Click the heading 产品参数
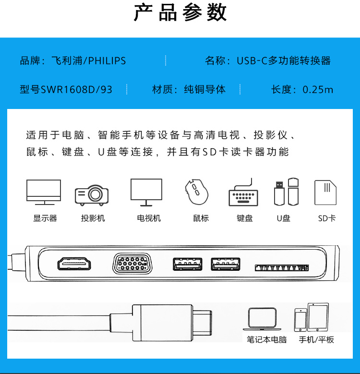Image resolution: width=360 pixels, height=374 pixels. (x=180, y=12)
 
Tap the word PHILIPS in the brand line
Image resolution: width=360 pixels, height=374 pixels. (x=107, y=61)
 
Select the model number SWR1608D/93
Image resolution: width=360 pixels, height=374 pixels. (x=76, y=90)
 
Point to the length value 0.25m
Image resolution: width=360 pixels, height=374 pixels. (x=318, y=90)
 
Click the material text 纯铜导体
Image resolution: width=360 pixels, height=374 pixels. (x=205, y=89)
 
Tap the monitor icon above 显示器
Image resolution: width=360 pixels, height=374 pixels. (x=44, y=192)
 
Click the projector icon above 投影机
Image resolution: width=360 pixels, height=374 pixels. (x=92, y=195)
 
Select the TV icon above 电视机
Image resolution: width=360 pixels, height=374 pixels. (x=146, y=192)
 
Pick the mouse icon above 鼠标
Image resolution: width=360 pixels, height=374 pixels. (x=197, y=192)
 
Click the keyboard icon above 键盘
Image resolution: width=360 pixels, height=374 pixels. (x=243, y=192)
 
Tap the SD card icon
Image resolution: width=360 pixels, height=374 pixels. (x=325, y=193)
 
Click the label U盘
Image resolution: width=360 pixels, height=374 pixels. (x=284, y=218)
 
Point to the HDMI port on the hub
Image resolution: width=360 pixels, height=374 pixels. (x=74, y=264)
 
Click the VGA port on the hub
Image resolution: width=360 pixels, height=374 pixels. (x=132, y=264)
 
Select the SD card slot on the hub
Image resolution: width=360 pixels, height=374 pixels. (x=282, y=267)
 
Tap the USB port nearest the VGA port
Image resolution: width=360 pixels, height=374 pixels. (x=188, y=264)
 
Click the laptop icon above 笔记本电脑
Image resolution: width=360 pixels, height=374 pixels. (x=262, y=319)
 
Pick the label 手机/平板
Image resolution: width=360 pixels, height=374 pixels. (x=316, y=339)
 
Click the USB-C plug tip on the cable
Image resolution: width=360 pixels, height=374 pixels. (x=202, y=323)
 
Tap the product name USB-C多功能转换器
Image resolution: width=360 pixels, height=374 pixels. (x=284, y=61)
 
